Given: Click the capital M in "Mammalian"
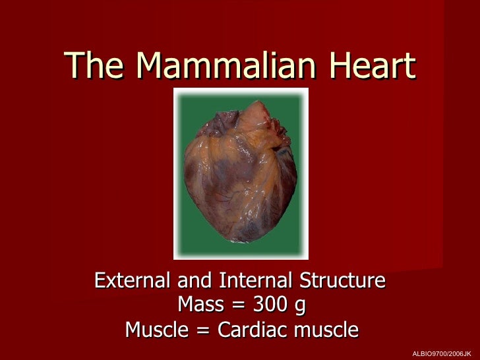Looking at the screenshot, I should [149, 65].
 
